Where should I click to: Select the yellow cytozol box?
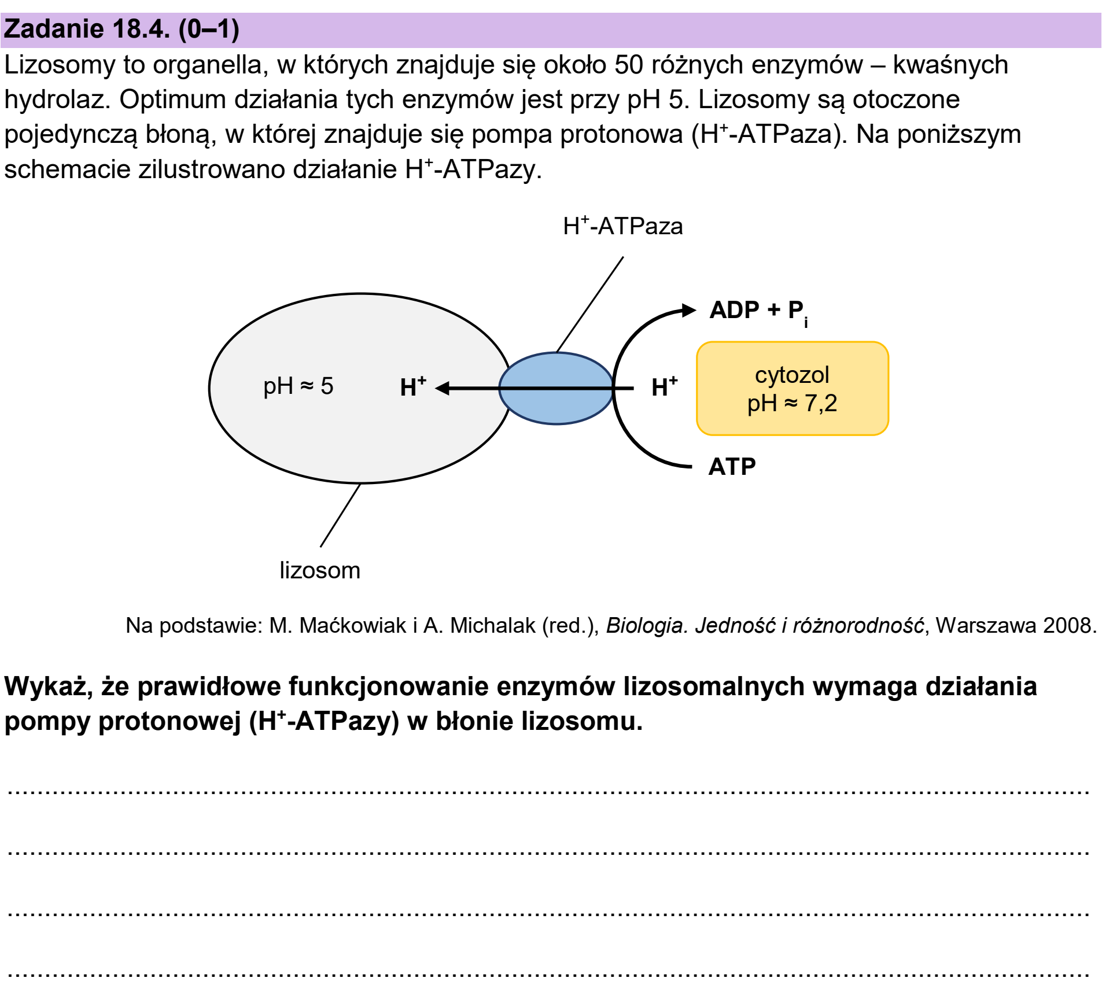coord(793,388)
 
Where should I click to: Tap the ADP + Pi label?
coord(759,312)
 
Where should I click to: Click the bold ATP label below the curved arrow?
coord(732,466)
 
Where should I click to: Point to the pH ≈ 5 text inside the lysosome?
coord(298,386)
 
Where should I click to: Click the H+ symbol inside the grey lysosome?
coord(413,386)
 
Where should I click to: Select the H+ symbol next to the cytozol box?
coord(664,386)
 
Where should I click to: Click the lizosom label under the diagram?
coord(320,570)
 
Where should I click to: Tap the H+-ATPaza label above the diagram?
coord(623,226)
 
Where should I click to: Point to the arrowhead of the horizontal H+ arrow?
coord(442,388)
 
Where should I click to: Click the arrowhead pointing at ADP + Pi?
coord(689,310)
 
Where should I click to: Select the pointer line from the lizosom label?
coord(340,515)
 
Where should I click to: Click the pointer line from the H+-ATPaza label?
coord(590,304)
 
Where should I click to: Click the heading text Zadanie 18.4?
coord(87,29)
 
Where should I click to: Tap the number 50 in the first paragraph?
coord(629,65)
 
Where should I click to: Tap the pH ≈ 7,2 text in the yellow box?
coord(792,403)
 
